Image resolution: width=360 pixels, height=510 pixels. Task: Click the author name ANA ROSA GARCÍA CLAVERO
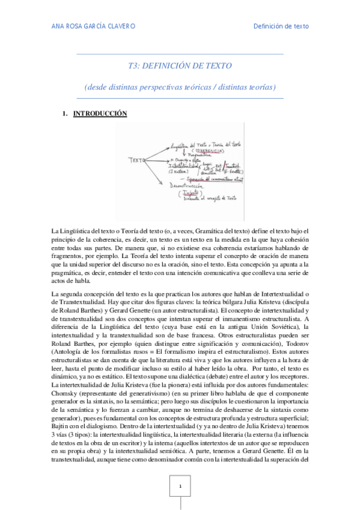(x=93, y=26)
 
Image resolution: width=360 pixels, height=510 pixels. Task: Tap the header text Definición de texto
(x=281, y=26)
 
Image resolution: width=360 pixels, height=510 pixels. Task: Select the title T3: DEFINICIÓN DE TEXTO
(x=180, y=66)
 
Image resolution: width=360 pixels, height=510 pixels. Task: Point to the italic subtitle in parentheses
(x=180, y=87)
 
